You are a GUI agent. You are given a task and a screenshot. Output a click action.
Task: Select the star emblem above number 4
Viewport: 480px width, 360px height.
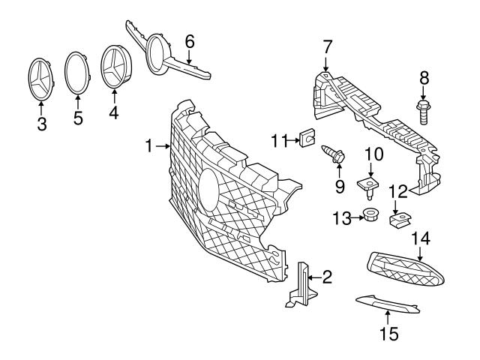(115, 66)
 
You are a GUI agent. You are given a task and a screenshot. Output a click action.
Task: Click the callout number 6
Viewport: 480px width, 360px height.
(190, 40)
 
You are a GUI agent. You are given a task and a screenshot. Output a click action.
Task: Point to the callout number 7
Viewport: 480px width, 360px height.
(327, 47)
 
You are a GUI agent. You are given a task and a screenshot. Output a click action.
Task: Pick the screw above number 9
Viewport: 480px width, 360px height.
(332, 156)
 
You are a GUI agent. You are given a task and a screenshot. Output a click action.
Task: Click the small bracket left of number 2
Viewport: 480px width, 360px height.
(301, 286)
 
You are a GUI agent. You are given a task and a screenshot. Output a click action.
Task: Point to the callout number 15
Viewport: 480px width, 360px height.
(388, 332)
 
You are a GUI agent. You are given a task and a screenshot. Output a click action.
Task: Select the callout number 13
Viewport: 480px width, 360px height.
(342, 217)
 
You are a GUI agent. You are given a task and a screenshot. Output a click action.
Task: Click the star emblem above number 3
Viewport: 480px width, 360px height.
(42, 77)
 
